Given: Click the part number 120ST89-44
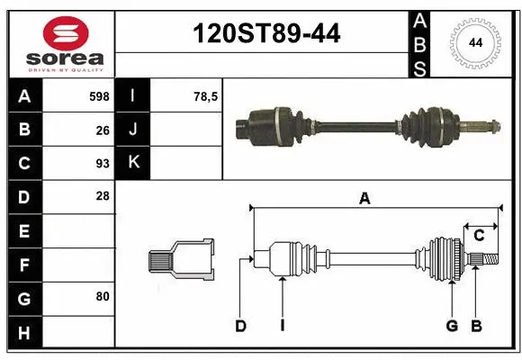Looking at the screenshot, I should pos(267,34).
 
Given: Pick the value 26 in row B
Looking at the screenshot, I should pos(103,130).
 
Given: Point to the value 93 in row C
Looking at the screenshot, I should pos(103,164).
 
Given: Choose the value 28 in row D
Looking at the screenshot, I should pos(103,196).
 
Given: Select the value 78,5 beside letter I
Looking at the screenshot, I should pos(207,95).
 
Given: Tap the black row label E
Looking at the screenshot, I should pos(24,231).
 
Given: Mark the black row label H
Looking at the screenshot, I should pos(24,334).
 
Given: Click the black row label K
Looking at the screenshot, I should pos(134,163).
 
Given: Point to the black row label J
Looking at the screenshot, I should pos(134,130).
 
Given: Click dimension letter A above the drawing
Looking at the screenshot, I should pos(364,199).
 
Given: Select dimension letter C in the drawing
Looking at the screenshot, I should pos(480,236).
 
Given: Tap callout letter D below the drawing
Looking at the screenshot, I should pos(240,326).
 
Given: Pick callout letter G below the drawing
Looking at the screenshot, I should pos(452,326).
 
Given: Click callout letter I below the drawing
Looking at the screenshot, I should pos(282,326).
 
